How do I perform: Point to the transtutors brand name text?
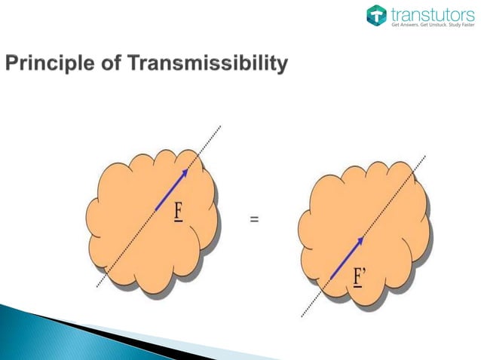pos(427,13)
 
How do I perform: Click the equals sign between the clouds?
pos(255,220)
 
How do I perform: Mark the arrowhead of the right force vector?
pos(360,240)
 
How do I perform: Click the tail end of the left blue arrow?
pos(155,209)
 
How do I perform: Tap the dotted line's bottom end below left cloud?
pos(97,287)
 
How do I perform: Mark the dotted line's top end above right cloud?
pos(424,156)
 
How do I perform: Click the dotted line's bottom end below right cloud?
pos(302,316)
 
